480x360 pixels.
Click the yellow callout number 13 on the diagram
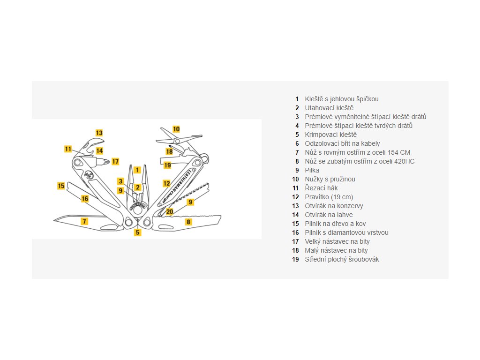(99, 133)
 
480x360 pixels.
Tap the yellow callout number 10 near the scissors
(176, 129)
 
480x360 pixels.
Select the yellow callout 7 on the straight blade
(84, 221)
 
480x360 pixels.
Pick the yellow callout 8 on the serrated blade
(188, 222)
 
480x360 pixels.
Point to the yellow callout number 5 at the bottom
(137, 232)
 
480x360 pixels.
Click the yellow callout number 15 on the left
(61, 186)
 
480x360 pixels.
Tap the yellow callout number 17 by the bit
(115, 161)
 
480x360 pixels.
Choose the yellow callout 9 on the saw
(190, 202)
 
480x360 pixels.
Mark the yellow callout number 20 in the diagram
(169, 211)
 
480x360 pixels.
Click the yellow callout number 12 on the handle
(166, 183)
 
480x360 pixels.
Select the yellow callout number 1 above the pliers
(137, 170)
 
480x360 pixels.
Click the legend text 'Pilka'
(312, 170)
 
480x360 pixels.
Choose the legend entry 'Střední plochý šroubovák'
(342, 259)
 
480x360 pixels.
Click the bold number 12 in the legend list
(295, 197)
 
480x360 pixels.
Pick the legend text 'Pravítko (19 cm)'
(329, 197)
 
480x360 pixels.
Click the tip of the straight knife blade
(54, 219)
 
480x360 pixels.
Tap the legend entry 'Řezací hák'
(322, 188)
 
